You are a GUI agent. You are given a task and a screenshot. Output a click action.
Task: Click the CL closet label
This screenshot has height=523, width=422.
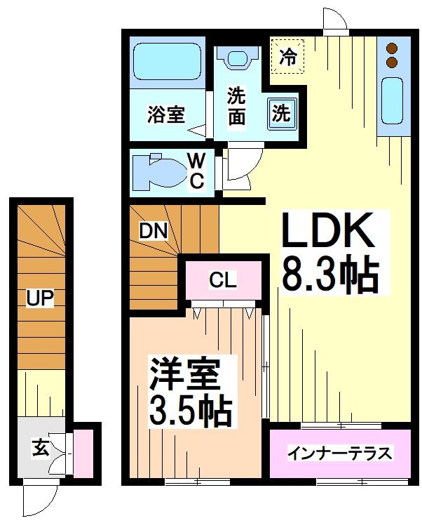pos(223,280)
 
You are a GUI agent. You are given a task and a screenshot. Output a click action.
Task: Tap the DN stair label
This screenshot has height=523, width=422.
pos(153,230)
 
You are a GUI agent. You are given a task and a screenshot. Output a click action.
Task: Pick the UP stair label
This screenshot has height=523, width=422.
pos(40,298)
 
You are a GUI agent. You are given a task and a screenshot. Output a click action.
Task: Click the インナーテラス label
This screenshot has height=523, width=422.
pos(339,453)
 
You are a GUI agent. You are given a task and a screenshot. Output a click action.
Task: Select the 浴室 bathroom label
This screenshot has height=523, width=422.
pos(166,114)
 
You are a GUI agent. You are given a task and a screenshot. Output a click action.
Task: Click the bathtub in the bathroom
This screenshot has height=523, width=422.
pos(167,62)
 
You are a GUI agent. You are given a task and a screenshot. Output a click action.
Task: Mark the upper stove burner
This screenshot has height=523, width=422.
pos(391,48)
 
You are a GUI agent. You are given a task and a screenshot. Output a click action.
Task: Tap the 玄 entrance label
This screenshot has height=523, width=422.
pos(40,448)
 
